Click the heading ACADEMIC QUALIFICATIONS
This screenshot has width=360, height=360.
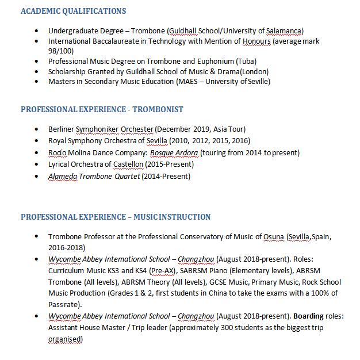pyautogui.click(x=73, y=11)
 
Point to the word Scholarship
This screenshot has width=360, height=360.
pyautogui.click(x=68, y=72)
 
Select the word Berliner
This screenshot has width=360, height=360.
pyautogui.click(x=62, y=129)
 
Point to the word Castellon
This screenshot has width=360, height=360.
pyautogui.click(x=128, y=164)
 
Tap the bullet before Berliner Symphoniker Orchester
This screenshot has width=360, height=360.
pyautogui.click(x=37, y=129)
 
